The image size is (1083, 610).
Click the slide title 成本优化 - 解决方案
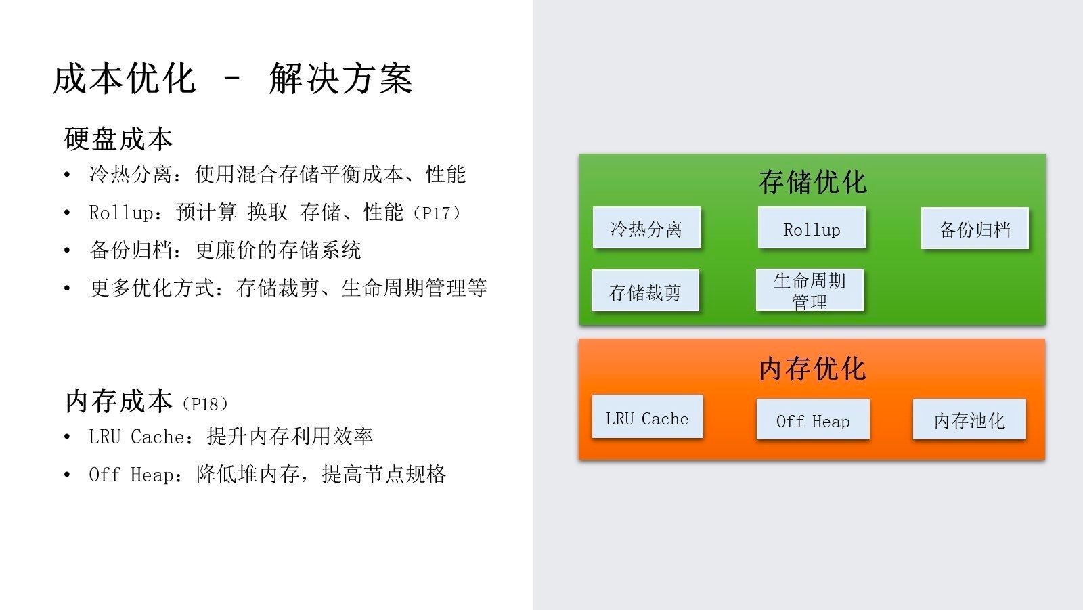point(233,79)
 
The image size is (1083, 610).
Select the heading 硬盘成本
point(118,139)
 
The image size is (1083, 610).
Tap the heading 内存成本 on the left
point(119,401)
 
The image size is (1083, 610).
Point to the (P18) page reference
point(205,404)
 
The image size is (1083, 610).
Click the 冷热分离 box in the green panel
point(646,228)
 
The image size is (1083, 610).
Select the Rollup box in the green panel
point(812,228)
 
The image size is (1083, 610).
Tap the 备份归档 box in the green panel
point(975,228)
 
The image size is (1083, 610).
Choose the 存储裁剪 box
point(646,290)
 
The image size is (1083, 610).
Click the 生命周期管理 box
point(810,290)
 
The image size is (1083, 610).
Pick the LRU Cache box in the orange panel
point(647,416)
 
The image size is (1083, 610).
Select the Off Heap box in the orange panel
point(813,419)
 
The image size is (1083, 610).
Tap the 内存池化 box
point(969,419)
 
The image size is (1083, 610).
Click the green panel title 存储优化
point(812,182)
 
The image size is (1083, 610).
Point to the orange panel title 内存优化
point(812,369)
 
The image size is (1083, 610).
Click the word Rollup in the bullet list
point(121,213)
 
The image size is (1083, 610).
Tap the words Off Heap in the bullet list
point(131,475)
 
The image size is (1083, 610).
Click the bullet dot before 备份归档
point(67,250)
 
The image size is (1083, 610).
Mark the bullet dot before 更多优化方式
point(67,288)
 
